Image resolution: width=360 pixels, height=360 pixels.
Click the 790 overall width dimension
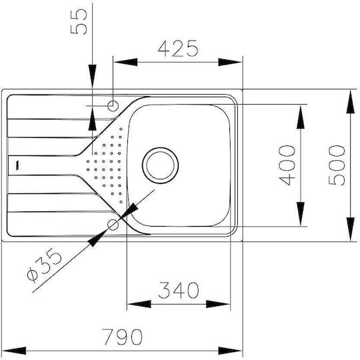click(x=122, y=337)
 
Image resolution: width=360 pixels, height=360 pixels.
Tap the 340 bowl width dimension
click(x=179, y=290)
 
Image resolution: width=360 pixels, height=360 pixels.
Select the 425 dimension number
click(x=178, y=49)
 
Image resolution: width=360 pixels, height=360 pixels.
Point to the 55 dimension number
click(x=79, y=22)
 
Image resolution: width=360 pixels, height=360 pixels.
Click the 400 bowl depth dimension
click(x=287, y=165)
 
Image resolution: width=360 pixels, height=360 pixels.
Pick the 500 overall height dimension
click(x=337, y=165)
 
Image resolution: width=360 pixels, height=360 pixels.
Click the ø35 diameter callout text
click(x=44, y=265)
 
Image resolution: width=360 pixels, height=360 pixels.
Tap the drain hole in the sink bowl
click(x=160, y=165)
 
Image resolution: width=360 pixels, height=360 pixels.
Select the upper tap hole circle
click(x=113, y=106)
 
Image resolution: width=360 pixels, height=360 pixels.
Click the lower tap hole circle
click(x=113, y=225)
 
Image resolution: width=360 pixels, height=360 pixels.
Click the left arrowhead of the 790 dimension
click(x=14, y=351)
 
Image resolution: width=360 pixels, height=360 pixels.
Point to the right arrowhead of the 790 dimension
click(x=230, y=351)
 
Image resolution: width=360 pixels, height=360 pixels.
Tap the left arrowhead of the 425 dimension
click(x=125, y=62)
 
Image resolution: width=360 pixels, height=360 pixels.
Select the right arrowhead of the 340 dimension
click(x=218, y=304)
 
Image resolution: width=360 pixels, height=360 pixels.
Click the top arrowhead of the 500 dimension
click(x=351, y=102)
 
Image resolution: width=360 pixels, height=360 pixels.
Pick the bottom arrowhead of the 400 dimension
click(x=301, y=214)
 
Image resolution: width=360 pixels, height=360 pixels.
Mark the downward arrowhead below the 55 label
click(x=92, y=76)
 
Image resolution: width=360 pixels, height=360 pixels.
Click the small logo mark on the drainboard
click(x=17, y=165)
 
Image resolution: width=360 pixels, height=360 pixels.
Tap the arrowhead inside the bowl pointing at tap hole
click(x=129, y=211)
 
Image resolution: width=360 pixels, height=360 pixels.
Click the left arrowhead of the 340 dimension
click(x=139, y=304)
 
